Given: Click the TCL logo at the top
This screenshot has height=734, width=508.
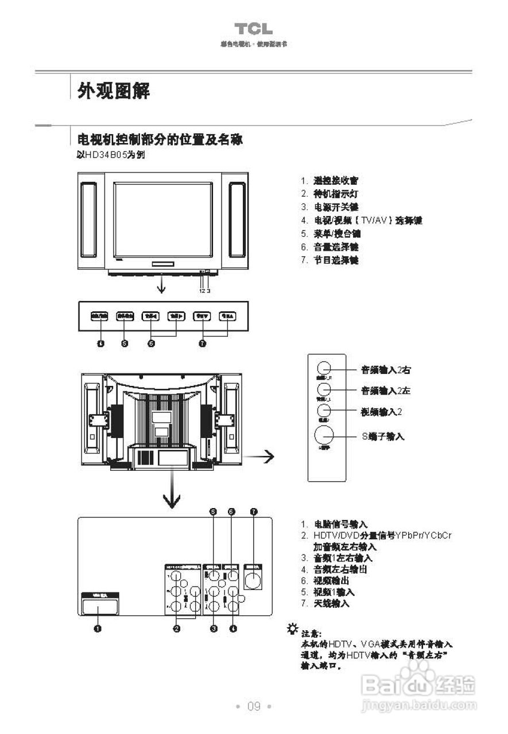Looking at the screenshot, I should (253, 29).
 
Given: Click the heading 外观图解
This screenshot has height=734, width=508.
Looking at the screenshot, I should (114, 90).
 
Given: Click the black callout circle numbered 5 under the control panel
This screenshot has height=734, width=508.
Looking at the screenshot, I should (125, 343).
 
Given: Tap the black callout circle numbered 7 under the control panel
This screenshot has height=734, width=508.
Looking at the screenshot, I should (202, 343).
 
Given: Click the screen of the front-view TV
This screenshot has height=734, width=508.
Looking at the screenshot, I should (163, 220).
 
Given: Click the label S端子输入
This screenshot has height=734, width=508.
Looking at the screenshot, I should (383, 436).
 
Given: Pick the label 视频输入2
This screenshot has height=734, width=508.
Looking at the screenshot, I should (381, 412).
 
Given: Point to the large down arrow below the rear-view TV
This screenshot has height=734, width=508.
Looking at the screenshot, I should (171, 493).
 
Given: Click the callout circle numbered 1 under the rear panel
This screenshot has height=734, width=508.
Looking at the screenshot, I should (98, 628).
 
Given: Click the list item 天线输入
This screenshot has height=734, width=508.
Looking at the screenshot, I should (331, 603).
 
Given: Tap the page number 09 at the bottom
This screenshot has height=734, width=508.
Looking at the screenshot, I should (254, 706).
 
